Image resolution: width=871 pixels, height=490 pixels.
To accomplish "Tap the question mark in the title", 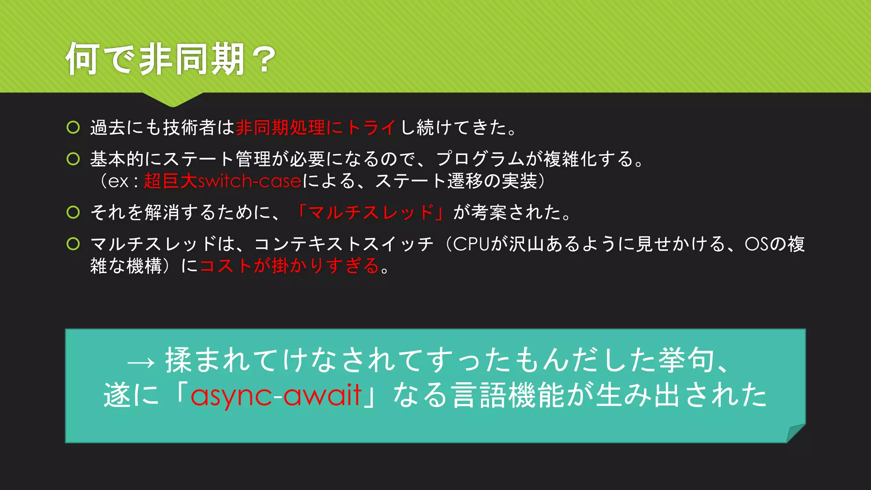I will (264, 60).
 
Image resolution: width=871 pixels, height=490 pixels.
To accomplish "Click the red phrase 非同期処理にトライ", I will (316, 128).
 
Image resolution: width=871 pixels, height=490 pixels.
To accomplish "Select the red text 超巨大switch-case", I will (222, 181).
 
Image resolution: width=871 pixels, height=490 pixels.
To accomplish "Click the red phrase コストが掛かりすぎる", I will (289, 266).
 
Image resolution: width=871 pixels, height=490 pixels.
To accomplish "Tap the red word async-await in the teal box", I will (276, 395).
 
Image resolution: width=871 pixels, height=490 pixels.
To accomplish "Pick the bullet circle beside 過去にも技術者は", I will (73, 127).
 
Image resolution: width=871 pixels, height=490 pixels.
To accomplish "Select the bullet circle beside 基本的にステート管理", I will (73, 159).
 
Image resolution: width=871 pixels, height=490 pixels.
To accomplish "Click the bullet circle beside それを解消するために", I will (73, 212).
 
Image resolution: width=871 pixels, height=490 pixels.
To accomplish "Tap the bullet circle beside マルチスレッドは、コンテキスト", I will (73, 244).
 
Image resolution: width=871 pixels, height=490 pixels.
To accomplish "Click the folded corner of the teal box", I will (794, 433).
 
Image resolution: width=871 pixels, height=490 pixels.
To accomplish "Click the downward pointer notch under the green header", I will (173, 100).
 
